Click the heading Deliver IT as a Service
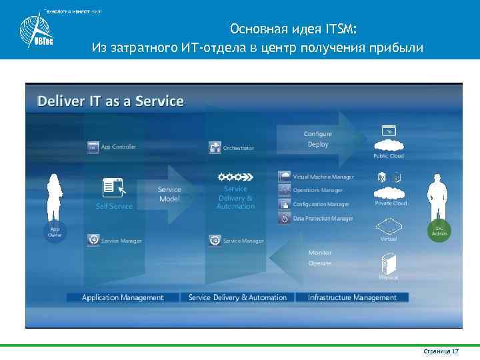point(110,101)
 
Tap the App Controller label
point(118,147)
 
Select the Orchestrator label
point(238,148)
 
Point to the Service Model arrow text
point(169,194)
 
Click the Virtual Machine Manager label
point(323,177)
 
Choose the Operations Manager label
point(317,190)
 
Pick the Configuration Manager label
point(321,204)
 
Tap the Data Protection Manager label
point(323,219)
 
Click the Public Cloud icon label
point(388,156)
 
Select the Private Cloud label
point(391,203)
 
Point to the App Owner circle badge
point(55,231)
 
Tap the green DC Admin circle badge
point(439,229)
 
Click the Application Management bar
point(123,297)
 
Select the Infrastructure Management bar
point(352,297)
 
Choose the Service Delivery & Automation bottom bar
point(237,297)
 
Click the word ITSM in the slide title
point(340,29)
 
